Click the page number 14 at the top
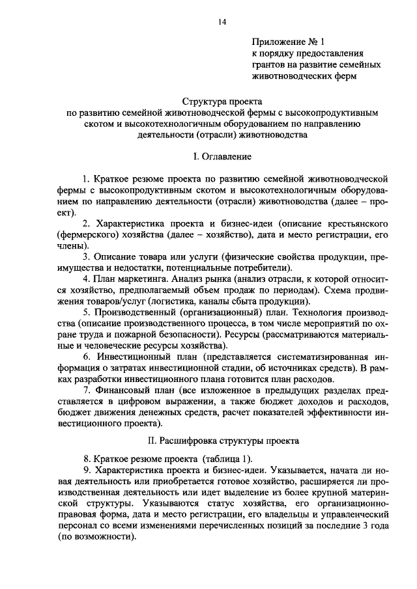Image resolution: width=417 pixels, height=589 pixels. click(222, 22)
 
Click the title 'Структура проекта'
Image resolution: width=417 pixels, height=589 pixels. click(222, 102)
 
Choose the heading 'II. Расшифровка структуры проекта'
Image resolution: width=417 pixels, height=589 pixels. click(222, 439)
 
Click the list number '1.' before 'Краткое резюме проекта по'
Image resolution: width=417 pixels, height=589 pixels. click(87, 177)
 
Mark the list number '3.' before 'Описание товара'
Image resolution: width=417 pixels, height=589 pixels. click(87, 258)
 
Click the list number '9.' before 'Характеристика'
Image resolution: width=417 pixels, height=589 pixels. click(87, 470)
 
